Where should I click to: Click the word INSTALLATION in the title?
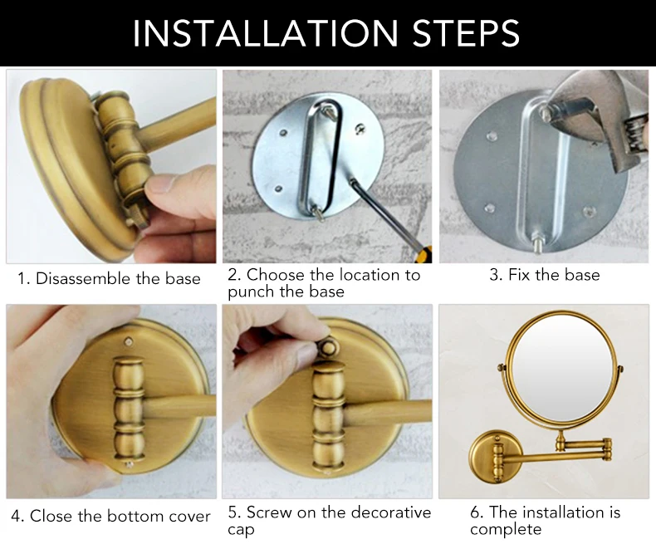point(265,32)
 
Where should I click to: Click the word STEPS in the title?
point(466,32)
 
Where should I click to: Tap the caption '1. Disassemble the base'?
point(109,278)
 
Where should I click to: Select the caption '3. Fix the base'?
point(544,275)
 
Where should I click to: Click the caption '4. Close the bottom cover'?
point(110,516)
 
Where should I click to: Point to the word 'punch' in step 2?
point(252,292)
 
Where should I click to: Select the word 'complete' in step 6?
point(506,529)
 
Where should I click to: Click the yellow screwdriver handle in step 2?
point(424,254)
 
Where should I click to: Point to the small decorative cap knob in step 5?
point(330,347)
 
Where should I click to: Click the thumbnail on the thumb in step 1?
point(161,184)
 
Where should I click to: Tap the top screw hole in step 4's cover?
point(129,342)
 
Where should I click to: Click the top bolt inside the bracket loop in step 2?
point(330,111)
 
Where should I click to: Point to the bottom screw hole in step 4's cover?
point(130,464)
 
